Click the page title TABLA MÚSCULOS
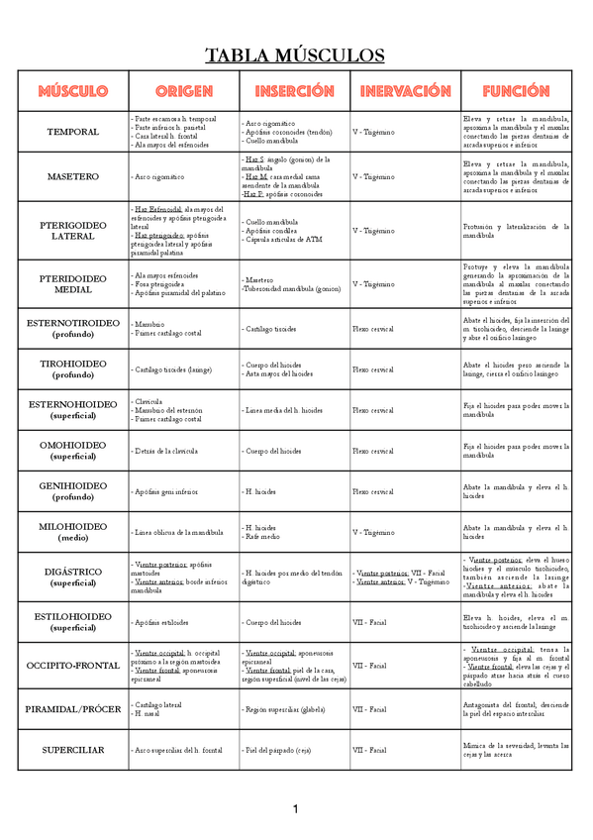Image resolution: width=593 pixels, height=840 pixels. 295,54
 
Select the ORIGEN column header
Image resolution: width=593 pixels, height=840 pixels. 184,91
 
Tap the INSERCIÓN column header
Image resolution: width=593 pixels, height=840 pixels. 294,91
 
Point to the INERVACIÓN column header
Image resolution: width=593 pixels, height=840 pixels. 405,91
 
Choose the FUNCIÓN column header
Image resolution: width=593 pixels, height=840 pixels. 516,91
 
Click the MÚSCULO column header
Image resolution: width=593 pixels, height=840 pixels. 73,91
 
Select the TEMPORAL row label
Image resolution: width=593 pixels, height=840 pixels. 73,132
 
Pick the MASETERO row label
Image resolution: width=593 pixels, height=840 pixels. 73,176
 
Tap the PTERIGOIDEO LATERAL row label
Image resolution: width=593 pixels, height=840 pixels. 73,230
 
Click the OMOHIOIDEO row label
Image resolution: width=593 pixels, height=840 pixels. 73,451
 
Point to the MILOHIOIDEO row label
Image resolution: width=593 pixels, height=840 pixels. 73,532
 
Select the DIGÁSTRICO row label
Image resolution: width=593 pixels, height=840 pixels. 73,577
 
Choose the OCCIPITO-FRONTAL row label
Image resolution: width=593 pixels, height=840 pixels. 73,666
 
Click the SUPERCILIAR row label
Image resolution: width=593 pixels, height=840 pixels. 73,750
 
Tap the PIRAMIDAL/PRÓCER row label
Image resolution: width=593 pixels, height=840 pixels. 73,709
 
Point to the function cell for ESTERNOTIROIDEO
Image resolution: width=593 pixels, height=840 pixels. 516,328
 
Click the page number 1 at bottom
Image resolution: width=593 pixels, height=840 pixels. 295,810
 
